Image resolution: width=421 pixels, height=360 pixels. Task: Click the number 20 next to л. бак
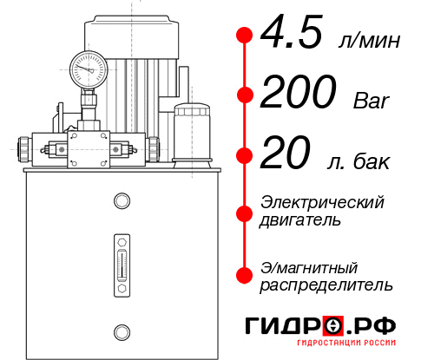(x=286, y=157)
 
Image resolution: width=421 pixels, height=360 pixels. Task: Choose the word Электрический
(x=322, y=202)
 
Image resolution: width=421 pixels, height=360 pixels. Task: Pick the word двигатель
(x=300, y=219)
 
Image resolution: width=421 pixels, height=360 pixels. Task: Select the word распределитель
(x=326, y=284)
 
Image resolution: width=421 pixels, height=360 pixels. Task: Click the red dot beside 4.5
(x=245, y=36)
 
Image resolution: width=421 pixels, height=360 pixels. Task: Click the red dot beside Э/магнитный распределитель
(x=245, y=275)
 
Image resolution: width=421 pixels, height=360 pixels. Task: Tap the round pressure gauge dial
(x=89, y=67)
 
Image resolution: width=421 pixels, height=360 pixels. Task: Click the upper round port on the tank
(x=122, y=202)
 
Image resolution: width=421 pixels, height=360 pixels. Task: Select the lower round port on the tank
(x=122, y=330)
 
